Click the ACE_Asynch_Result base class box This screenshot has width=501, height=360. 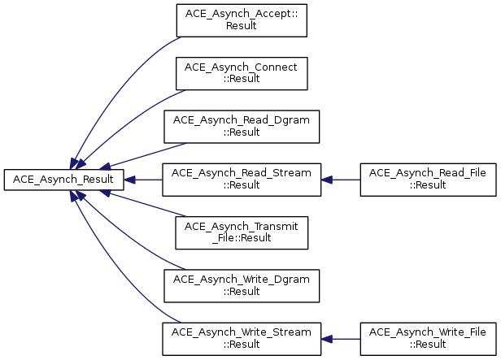(63, 180)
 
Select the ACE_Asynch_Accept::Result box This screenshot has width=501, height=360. (242, 20)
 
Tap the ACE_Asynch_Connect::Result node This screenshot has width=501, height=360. (242, 74)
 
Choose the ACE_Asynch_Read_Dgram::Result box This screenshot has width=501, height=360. (242, 127)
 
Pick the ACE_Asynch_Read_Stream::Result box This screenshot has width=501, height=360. (242, 180)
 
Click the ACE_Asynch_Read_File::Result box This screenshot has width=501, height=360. (428, 180)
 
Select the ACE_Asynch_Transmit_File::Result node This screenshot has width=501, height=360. (242, 232)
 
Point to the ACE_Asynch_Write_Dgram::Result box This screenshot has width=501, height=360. (242, 286)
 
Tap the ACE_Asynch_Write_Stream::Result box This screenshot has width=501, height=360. (242, 339)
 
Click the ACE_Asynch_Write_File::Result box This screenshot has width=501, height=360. (428, 339)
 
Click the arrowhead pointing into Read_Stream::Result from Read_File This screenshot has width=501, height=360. (327, 180)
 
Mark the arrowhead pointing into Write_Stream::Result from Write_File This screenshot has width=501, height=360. (327, 339)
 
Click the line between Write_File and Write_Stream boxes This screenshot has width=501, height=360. (346, 339)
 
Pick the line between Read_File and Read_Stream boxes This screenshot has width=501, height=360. (346, 180)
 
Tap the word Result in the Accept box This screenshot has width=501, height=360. (242, 25)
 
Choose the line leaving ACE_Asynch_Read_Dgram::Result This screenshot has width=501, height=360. (148, 155)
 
